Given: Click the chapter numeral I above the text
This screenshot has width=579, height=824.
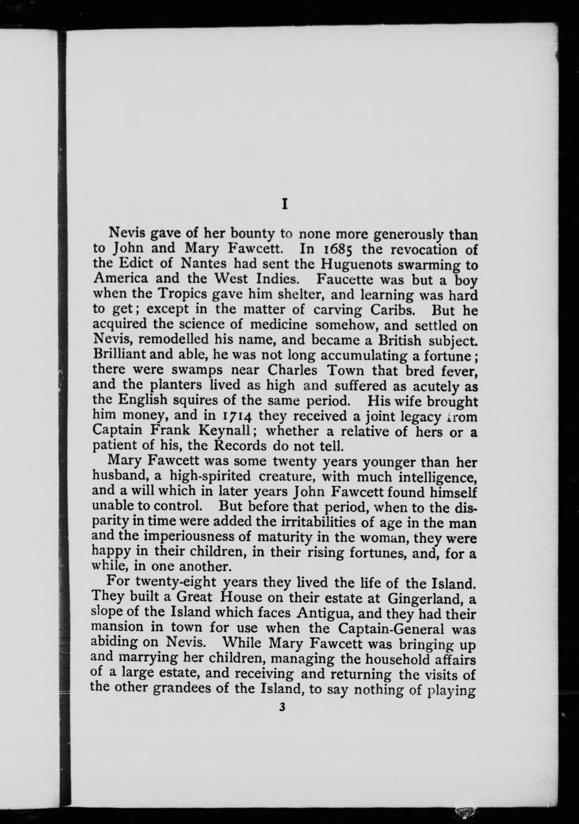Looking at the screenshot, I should [x=284, y=205].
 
